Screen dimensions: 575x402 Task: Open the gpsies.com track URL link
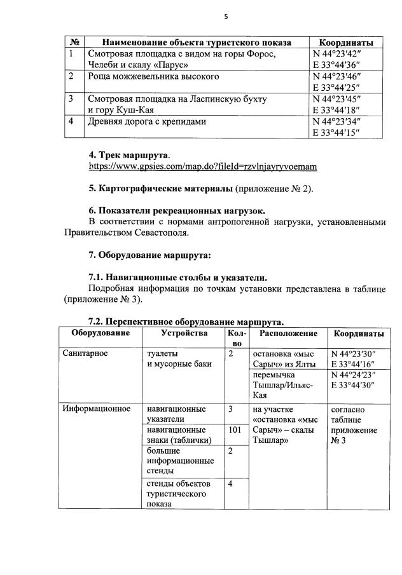[x=202, y=166]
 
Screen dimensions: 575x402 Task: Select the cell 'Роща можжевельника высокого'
[x=153, y=77]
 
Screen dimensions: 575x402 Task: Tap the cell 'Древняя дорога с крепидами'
[x=147, y=121]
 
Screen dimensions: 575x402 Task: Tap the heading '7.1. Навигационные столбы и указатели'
[x=178, y=278]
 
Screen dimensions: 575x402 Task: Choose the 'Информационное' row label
[x=96, y=409]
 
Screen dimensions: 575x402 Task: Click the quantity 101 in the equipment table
[x=233, y=431]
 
